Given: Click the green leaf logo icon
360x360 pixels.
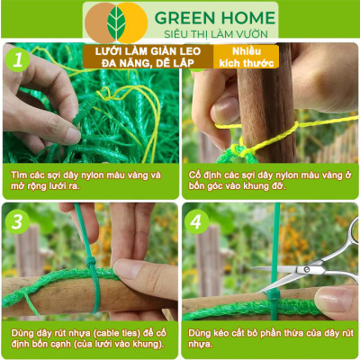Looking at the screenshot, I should [x=117, y=21].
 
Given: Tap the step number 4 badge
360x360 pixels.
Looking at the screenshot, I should [x=197, y=220].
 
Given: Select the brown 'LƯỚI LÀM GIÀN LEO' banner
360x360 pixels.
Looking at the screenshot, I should [x=148, y=58].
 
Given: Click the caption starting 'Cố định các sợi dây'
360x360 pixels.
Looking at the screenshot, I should [x=270, y=179].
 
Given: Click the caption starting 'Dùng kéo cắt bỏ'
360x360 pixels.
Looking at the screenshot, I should [x=270, y=337].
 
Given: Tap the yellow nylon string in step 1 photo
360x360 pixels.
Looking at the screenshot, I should [x=144, y=108].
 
